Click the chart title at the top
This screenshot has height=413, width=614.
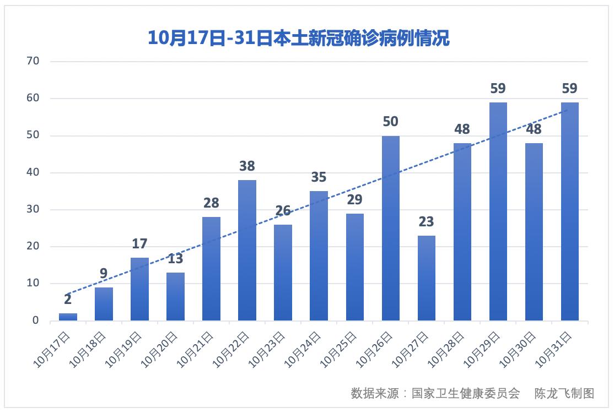click(x=298, y=37)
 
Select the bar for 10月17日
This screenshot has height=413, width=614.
click(x=68, y=317)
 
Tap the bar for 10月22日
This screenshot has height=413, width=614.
click(x=247, y=251)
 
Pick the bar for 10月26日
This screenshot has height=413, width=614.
click(x=390, y=229)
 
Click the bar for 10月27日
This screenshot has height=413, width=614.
click(x=426, y=278)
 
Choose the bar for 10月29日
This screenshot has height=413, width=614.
click(x=498, y=211)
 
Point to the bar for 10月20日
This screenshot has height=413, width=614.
click(x=175, y=296)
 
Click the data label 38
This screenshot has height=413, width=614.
click(x=247, y=166)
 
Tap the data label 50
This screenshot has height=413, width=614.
click(x=390, y=122)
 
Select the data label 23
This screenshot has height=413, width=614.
click(x=426, y=222)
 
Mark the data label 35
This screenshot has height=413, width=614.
click(x=319, y=177)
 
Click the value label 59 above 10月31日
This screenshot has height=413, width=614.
click(x=569, y=89)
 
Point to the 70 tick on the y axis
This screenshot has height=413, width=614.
click(x=33, y=61)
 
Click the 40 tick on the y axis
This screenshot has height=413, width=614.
click(x=33, y=172)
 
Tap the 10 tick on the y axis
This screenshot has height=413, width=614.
click(x=33, y=284)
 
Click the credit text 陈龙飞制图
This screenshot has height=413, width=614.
click(x=564, y=393)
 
